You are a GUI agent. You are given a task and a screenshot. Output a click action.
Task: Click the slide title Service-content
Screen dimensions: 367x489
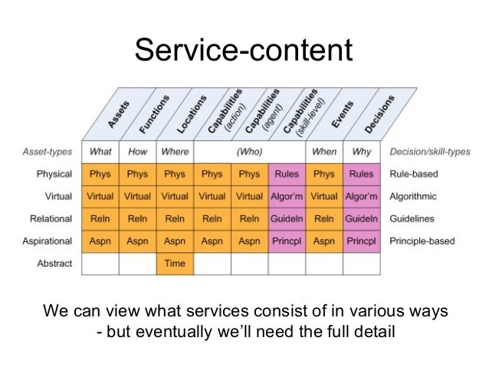click(x=243, y=51)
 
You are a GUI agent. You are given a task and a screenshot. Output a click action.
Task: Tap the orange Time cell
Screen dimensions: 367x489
click(x=175, y=263)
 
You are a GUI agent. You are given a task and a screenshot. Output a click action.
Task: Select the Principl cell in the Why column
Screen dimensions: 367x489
click(x=361, y=241)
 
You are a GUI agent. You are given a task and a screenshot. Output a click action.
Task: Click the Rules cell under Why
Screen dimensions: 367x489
click(x=361, y=174)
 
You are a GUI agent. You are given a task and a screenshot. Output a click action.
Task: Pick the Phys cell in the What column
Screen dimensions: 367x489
click(x=100, y=174)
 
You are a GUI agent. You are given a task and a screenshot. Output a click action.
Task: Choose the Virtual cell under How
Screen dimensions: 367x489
click(x=137, y=196)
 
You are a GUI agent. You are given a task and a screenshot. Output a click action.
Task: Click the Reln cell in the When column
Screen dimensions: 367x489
click(x=324, y=218)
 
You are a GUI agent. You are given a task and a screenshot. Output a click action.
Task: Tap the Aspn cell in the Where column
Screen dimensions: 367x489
click(x=175, y=241)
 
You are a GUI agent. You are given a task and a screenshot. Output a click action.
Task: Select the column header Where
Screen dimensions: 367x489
click(x=175, y=152)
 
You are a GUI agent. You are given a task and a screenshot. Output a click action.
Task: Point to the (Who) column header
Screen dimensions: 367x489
click(x=250, y=152)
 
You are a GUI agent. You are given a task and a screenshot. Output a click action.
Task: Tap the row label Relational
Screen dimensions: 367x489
click(x=51, y=218)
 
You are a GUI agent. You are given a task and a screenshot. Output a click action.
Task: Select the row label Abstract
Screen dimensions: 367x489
click(x=55, y=263)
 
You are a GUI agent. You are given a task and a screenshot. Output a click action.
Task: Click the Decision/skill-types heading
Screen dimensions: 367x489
click(x=429, y=152)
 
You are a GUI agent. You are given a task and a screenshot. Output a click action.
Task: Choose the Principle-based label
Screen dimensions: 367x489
click(x=422, y=241)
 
